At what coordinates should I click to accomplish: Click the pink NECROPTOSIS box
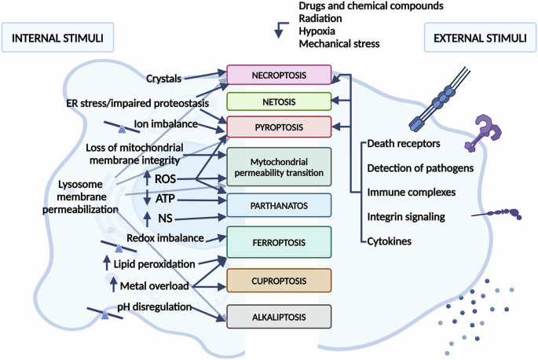[279, 75]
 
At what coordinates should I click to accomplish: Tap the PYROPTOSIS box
[279, 126]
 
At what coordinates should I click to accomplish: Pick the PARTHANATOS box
[279, 204]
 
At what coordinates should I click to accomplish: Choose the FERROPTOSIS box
[279, 241]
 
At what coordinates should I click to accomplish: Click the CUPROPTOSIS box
[279, 280]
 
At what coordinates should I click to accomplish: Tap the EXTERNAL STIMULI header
[472, 36]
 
